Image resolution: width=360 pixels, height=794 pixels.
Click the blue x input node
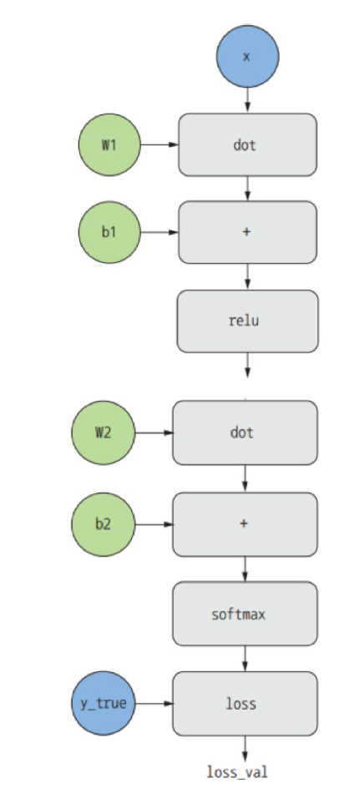[x=247, y=56]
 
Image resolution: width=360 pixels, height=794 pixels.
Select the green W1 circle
[x=109, y=144]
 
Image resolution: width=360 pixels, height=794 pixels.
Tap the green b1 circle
[x=109, y=232]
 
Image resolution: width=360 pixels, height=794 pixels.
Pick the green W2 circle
[x=104, y=433]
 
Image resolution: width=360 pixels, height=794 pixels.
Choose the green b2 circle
[x=104, y=524]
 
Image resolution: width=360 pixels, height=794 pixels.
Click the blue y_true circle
[x=104, y=703]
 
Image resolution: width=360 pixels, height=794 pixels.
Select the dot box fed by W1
[x=247, y=144]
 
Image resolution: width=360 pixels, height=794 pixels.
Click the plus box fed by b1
[x=247, y=232]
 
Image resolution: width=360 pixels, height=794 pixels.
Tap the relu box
[x=247, y=321]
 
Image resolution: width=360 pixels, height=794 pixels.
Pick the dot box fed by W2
[x=245, y=433]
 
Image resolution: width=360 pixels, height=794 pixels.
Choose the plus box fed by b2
[x=245, y=524]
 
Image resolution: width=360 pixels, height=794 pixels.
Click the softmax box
[x=245, y=614]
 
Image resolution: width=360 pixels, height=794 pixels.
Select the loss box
[x=245, y=704]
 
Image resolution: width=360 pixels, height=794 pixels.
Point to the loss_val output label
[x=237, y=772]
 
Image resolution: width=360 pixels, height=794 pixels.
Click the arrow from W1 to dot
[x=160, y=144]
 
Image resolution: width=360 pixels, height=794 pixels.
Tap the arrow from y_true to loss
[x=154, y=703]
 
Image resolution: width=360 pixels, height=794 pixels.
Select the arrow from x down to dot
[x=247, y=100]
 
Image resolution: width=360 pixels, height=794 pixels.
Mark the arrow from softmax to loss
[x=245, y=658]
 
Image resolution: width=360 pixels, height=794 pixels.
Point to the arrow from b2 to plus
[x=154, y=524]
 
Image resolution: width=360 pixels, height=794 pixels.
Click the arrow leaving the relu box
[x=247, y=365]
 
